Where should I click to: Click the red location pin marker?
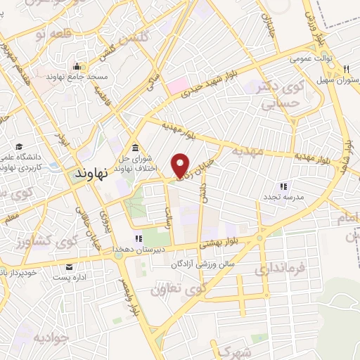point(181,165)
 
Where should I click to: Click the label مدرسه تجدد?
point(285,198)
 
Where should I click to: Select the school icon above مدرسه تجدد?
point(285,186)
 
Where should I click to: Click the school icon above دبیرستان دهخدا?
point(139,237)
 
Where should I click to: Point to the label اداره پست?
point(70,278)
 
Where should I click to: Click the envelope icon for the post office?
point(70,267)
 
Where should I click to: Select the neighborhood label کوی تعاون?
point(176,288)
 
